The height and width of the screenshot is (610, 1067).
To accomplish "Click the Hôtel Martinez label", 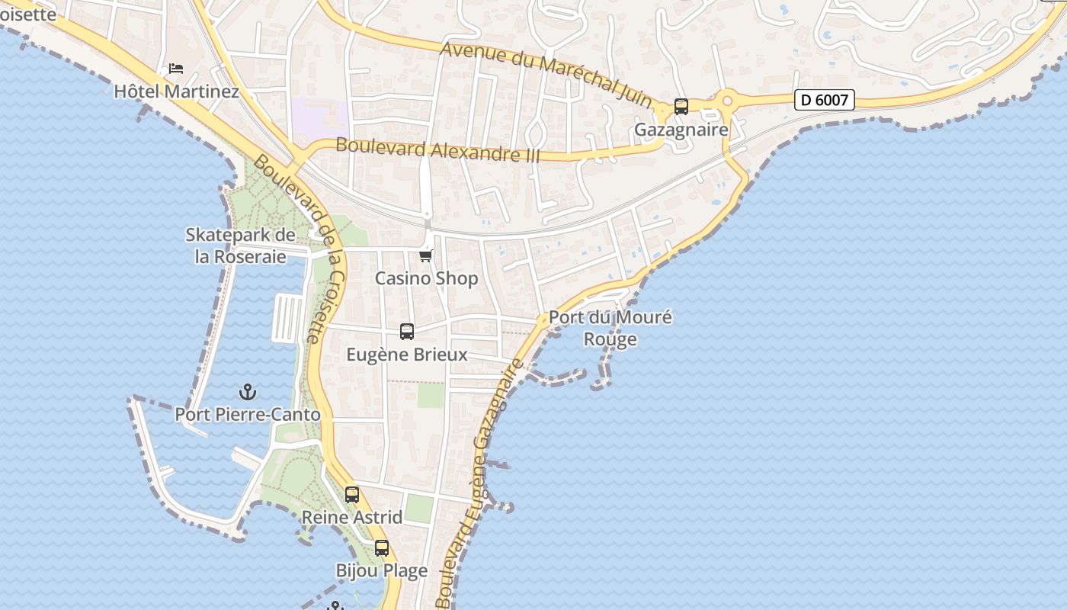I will point(176,91).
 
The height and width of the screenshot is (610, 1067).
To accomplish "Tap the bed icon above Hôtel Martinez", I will point(176,69).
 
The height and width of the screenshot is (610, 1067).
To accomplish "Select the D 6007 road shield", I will point(824,99).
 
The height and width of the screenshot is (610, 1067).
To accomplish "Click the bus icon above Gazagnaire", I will point(681,107).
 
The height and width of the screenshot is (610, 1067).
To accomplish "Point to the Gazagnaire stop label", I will point(681,130).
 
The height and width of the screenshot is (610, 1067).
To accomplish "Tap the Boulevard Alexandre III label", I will point(437,149).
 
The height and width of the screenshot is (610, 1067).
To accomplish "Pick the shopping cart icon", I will point(426,255).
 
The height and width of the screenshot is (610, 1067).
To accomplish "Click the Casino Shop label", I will point(426,278).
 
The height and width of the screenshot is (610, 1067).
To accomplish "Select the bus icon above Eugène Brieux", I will point(407,332).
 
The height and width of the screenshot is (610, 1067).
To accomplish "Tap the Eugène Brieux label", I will point(407,355).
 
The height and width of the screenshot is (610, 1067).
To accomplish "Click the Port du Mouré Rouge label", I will point(610,328).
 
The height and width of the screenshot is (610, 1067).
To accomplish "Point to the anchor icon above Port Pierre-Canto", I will point(248,392).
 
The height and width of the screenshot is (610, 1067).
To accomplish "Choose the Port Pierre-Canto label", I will point(248,415).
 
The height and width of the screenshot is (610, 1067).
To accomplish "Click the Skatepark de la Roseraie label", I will point(240,246).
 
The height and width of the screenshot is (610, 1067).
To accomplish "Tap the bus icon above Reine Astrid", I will point(351,494).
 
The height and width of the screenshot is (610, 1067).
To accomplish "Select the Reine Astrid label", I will point(351,517).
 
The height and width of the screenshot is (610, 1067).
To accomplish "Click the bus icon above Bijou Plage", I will point(382,547).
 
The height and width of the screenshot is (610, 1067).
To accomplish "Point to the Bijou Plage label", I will point(382,570).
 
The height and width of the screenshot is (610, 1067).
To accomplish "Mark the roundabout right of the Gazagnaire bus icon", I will point(727,100).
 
